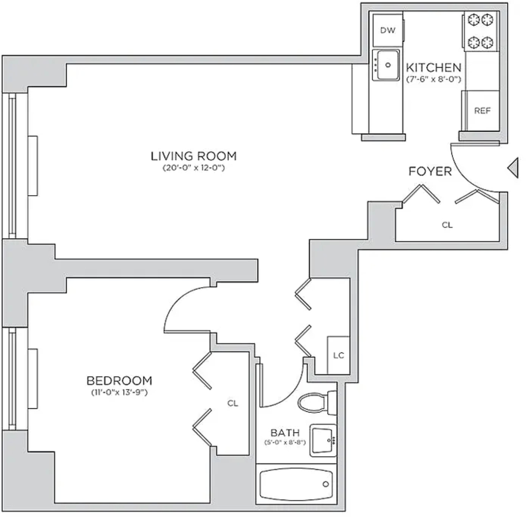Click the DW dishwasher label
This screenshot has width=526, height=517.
[x=388, y=30]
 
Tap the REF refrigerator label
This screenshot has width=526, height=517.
[x=482, y=111]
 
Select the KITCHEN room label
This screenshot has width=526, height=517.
[x=434, y=68]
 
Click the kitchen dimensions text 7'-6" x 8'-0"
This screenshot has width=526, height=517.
[x=434, y=80]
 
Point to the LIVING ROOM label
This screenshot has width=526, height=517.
[x=194, y=156]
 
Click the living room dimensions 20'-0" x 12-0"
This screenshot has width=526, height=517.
[x=194, y=168]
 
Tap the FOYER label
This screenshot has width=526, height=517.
[x=430, y=171]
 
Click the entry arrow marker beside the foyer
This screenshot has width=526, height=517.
[x=513, y=168]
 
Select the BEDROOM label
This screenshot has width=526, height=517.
[x=119, y=381]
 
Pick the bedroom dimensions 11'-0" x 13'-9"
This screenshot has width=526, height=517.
[x=119, y=392]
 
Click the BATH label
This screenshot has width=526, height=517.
[x=285, y=432]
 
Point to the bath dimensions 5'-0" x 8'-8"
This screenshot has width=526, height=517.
[x=285, y=442]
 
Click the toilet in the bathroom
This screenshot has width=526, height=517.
[x=317, y=403]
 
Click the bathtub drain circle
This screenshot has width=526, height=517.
[x=326, y=484]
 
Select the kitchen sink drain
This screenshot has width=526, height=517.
[x=388, y=65]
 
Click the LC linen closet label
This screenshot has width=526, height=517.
[x=339, y=355]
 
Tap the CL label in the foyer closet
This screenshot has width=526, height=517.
[x=447, y=225]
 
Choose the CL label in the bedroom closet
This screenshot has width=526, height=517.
[x=233, y=403]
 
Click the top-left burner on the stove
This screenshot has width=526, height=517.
[x=474, y=20]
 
